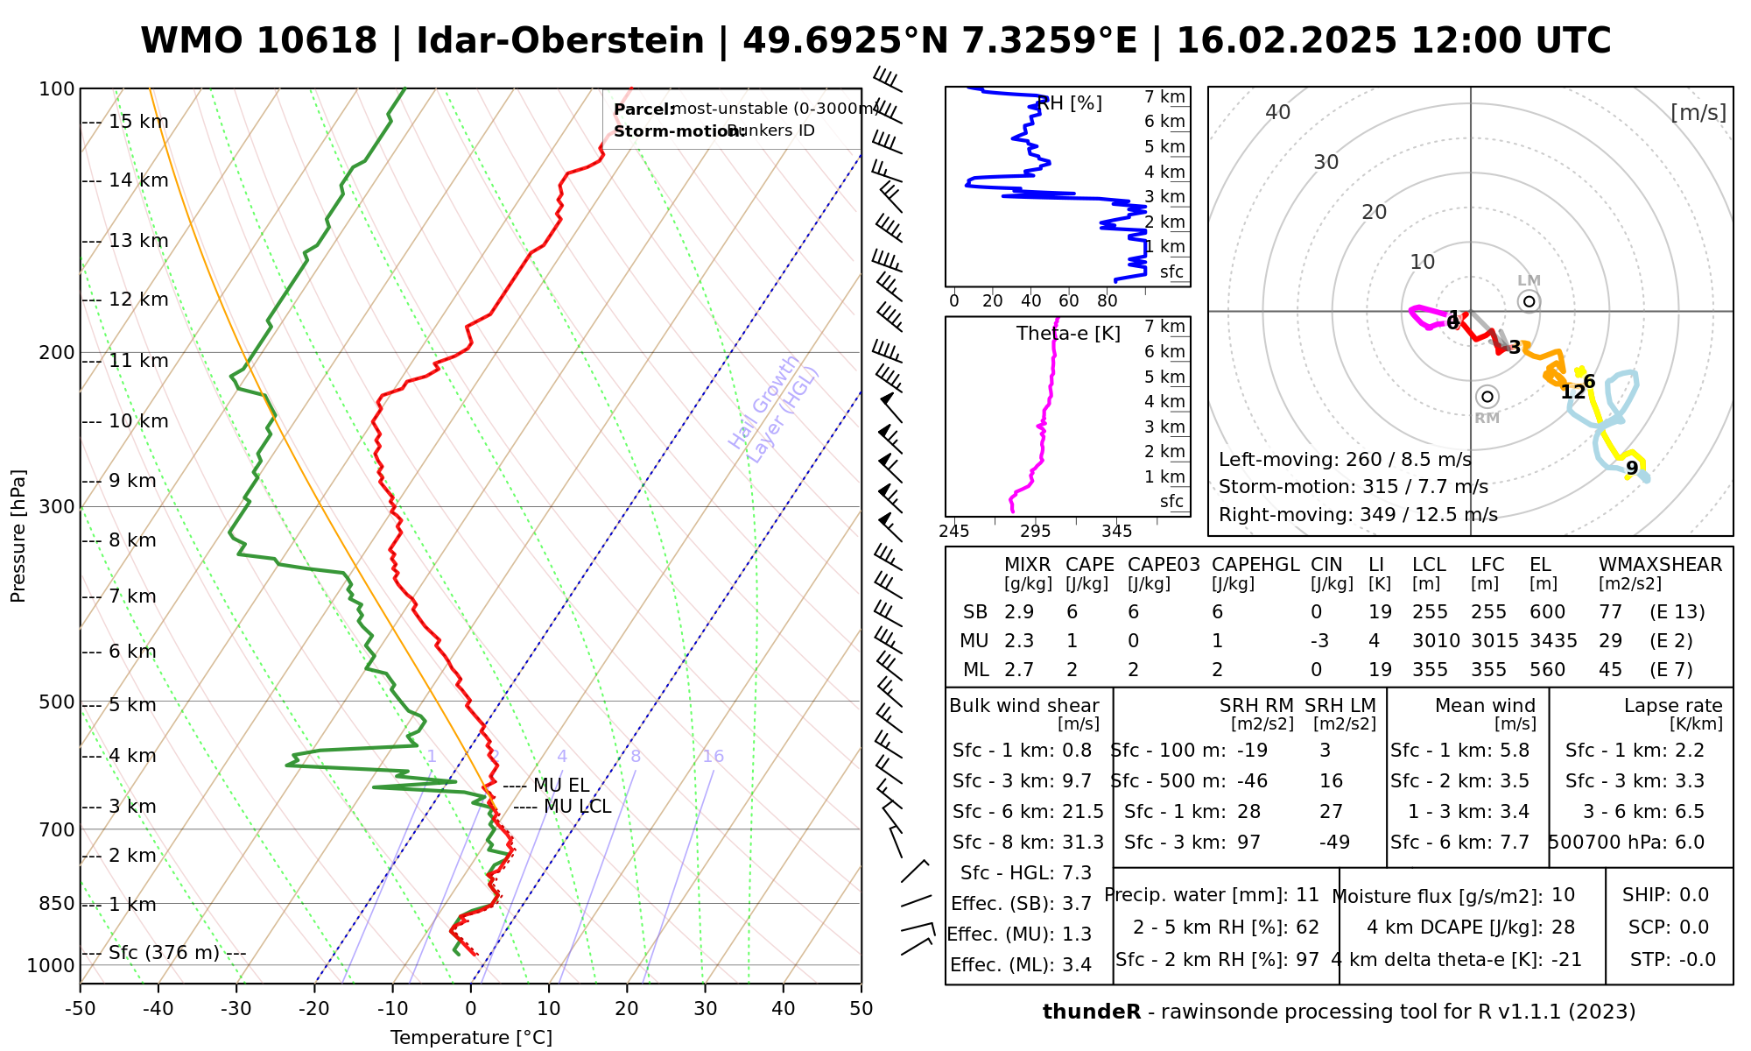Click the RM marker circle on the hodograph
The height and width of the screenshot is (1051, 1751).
coord(1487,397)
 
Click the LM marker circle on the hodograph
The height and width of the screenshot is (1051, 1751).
coord(1529,301)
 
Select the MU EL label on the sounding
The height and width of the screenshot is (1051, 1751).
coord(561,786)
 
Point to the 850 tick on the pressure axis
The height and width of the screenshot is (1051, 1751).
coord(58,904)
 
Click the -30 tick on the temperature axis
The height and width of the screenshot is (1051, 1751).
coord(236,1009)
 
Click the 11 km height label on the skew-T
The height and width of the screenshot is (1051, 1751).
coord(137,361)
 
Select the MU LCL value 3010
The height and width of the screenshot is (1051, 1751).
coord(1436,641)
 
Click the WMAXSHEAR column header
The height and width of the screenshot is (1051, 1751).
coord(1660,565)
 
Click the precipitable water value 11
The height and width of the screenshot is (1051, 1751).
coord(1307,895)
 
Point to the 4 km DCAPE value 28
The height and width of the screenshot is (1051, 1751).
coord(1563,928)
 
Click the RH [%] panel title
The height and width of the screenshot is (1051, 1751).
coord(1069,103)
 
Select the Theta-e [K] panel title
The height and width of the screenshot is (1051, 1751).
coord(1068,334)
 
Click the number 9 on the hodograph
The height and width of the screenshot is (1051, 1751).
coord(1632,469)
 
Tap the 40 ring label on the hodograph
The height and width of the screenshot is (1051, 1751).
coord(1278,112)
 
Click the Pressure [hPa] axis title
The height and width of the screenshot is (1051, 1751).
coord(18,536)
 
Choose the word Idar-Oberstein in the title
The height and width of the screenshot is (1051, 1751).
coord(559,41)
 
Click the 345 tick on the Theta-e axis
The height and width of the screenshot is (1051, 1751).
coord(1116,532)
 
